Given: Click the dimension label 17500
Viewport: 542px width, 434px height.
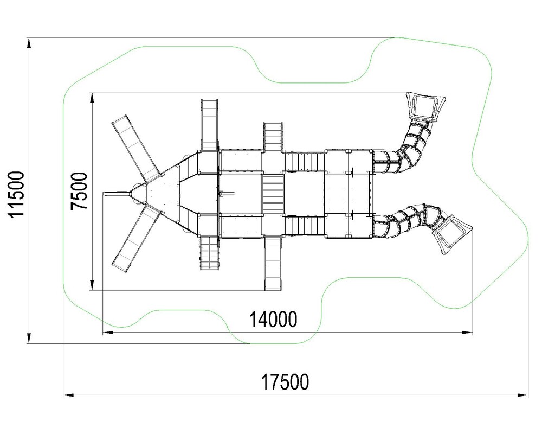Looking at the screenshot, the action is click(x=285, y=382).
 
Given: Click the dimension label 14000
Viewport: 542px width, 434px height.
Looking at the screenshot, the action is click(x=273, y=319).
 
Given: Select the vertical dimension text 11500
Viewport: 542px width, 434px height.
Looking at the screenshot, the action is click(x=17, y=194).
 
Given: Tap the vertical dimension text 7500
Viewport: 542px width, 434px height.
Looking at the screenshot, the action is click(x=79, y=191).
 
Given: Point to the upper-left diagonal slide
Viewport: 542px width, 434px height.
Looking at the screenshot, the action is click(x=136, y=149).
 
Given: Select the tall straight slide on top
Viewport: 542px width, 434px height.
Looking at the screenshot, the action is click(x=209, y=125).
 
